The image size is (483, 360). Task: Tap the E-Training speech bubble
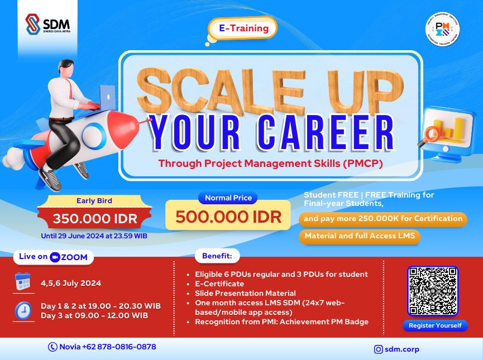click(243, 28)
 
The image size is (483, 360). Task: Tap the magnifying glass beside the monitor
click(431, 134)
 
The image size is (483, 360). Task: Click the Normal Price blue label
click(228, 198)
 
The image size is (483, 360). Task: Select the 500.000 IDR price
click(228, 217)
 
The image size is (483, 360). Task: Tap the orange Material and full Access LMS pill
click(360, 236)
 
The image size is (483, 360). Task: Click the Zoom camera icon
click(55, 257)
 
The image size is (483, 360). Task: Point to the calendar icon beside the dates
click(23, 283)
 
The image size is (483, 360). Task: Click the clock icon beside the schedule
click(23, 310)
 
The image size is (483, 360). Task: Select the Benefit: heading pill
click(217, 257)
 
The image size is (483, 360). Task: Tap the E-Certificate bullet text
click(219, 284)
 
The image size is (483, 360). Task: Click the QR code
click(433, 290)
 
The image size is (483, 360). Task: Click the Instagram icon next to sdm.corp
click(379, 349)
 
